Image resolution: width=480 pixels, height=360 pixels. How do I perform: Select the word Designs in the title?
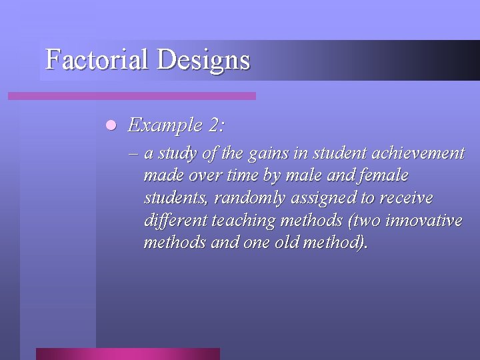tap(204, 61)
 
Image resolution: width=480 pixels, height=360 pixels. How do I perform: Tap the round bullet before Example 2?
tap(111, 125)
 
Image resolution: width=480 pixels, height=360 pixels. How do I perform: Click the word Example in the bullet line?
tap(160, 125)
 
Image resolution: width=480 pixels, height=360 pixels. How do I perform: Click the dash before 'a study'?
tap(134, 154)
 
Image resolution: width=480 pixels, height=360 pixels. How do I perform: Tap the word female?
tap(383, 176)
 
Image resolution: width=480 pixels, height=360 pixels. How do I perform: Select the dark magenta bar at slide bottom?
tap(127, 353)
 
